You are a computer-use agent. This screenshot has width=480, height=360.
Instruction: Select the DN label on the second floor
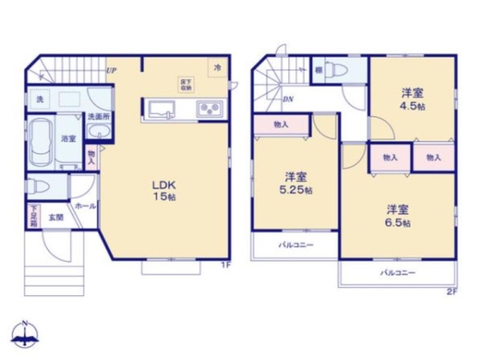tap(287, 99)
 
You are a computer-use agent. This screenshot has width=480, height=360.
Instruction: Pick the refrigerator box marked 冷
tap(217, 69)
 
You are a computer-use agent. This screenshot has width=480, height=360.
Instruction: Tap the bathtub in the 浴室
tap(40, 141)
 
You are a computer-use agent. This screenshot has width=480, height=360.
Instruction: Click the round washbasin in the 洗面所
tap(99, 133)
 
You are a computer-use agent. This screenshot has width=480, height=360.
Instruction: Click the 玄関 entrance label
tap(55, 218)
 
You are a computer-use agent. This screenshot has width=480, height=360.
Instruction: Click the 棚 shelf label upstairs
tap(319, 70)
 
